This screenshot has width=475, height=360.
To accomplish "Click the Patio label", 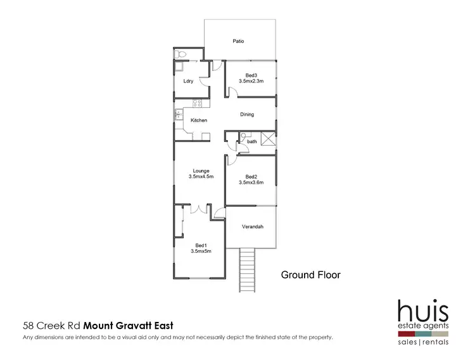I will click(x=237, y=42).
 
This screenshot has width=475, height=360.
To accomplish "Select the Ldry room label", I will click(x=188, y=81).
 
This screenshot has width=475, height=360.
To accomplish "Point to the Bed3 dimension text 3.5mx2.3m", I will click(x=251, y=81).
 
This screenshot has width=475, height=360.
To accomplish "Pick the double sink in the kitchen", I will click(x=177, y=116).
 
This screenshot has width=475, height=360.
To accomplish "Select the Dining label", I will click(x=247, y=115).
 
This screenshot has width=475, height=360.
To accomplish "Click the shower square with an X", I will click(x=269, y=139).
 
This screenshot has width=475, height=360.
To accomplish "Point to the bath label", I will click(x=252, y=142).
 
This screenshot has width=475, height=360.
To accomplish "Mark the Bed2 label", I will click(x=251, y=176).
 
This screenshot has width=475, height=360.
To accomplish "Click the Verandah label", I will click(x=252, y=227).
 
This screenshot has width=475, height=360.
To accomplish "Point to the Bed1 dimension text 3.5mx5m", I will click(x=201, y=251).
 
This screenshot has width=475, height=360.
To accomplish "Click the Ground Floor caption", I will click(x=310, y=275).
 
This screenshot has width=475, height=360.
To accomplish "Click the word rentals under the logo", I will click(x=435, y=342).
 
